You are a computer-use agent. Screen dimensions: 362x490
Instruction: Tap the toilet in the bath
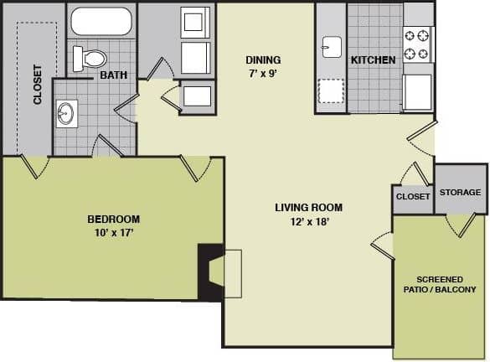pyautogui.click(x=90, y=58)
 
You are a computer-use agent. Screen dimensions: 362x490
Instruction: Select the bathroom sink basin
pyautogui.click(x=66, y=113)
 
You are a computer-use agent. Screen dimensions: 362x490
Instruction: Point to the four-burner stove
pyautogui.click(x=416, y=44)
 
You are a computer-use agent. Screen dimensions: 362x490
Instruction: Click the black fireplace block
pyautogui.click(x=209, y=271)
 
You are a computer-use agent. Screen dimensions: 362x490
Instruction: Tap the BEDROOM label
pyautogui.click(x=113, y=220)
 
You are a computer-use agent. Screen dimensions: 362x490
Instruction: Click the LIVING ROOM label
pyautogui.click(x=308, y=207)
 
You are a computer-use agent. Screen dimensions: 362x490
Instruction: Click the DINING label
pyautogui.click(x=262, y=60)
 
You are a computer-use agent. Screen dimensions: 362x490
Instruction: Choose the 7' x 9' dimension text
pyautogui.click(x=262, y=73)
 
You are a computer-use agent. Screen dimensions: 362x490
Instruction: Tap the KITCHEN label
pyautogui.click(x=373, y=60)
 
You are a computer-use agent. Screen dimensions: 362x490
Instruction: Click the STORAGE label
pyautogui.click(x=461, y=193)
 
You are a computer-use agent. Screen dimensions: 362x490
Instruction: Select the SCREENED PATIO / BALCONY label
pyautogui.click(x=446, y=284)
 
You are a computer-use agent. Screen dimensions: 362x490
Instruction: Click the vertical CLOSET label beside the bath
pyautogui.click(x=38, y=84)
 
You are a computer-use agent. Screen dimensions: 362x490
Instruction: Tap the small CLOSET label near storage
pyautogui.click(x=412, y=196)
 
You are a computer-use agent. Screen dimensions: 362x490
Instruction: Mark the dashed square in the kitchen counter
pyautogui.click(x=330, y=90)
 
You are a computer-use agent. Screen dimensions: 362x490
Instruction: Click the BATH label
pyautogui.click(x=113, y=75)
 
